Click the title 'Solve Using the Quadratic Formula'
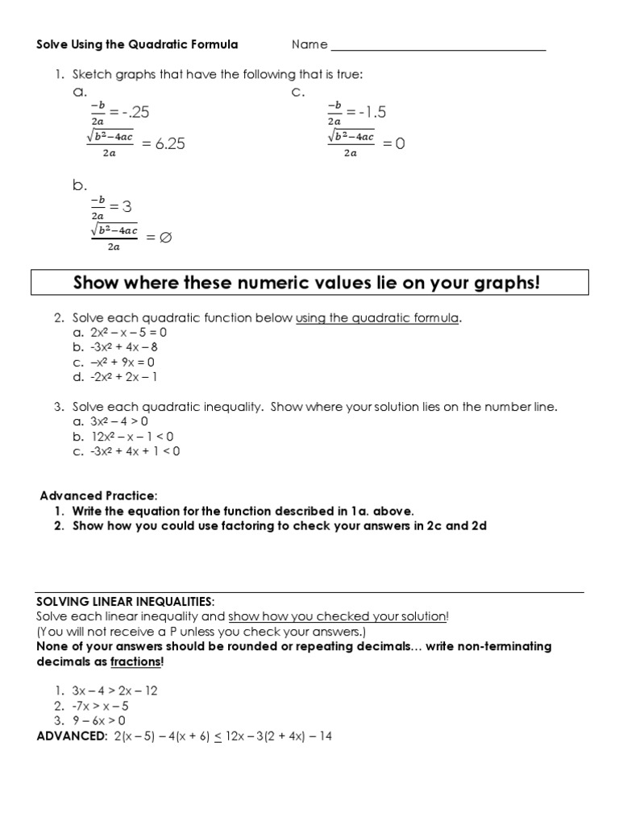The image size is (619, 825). coord(137,44)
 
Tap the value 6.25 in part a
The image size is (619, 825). coord(164,144)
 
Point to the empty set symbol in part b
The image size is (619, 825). coord(167,238)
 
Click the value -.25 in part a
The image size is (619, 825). coord(131,112)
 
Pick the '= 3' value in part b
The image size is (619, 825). coord(120,207)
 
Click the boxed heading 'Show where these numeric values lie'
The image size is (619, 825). coord(305,283)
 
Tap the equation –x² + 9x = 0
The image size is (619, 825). coord(119,362)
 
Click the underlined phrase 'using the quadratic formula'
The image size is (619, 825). coord(378,318)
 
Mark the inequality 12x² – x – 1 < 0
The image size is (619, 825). coord(132,437)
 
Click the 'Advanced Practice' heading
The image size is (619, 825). coord(99,495)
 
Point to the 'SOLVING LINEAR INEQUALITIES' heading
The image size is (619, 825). coord(126,602)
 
